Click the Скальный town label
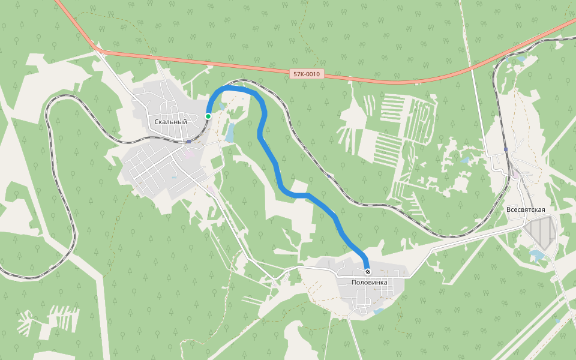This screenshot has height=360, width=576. pyautogui.click(x=170, y=122)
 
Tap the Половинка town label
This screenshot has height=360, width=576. pyautogui.click(x=369, y=282)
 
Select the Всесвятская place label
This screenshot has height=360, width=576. pyautogui.click(x=526, y=209)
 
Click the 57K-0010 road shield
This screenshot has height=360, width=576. pyautogui.click(x=307, y=74)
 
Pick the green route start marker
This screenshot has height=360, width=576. pyautogui.click(x=208, y=116)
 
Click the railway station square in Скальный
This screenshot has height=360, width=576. pyautogui.click(x=189, y=142)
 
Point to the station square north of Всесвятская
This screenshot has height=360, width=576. pyautogui.click(x=506, y=149)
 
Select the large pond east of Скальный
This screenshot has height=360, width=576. pyautogui.click(x=230, y=133)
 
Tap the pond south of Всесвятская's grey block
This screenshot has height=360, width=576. pyautogui.click(x=537, y=256)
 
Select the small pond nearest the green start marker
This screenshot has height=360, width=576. pyautogui.click(x=222, y=107)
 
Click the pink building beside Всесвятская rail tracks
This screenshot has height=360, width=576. pyautogui.click(x=515, y=173)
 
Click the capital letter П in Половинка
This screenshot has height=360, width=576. pyautogui.click(x=355, y=282)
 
